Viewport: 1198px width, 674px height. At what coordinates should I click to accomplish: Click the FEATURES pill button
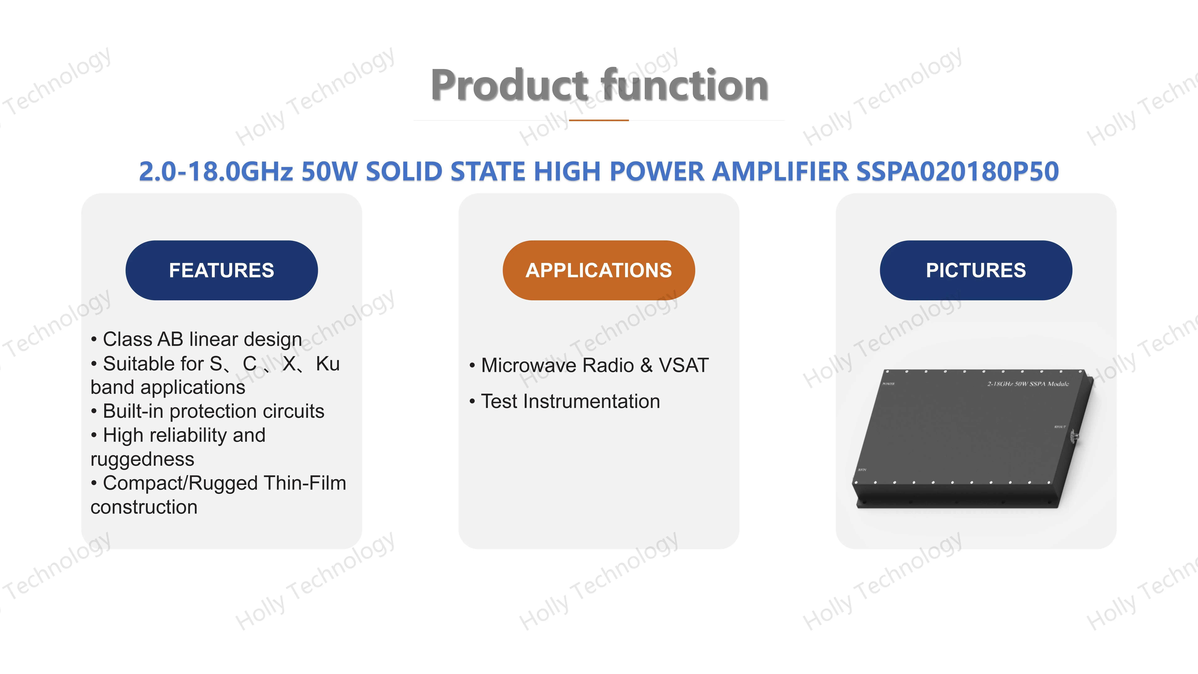tap(221, 270)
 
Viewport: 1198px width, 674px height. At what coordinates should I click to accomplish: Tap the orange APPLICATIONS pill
tap(599, 270)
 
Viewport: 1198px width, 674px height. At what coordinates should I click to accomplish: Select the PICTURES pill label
tap(976, 270)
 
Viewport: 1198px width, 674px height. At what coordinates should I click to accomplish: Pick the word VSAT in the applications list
tap(684, 365)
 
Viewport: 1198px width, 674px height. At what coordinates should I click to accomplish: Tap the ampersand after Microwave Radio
tap(646, 365)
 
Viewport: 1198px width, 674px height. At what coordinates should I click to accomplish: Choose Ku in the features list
tap(328, 364)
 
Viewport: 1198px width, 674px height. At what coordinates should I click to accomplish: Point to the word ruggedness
tap(142, 460)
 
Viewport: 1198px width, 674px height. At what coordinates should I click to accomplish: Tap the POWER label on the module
tap(888, 384)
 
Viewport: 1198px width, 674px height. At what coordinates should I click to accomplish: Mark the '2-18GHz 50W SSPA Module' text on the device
tap(1028, 384)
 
